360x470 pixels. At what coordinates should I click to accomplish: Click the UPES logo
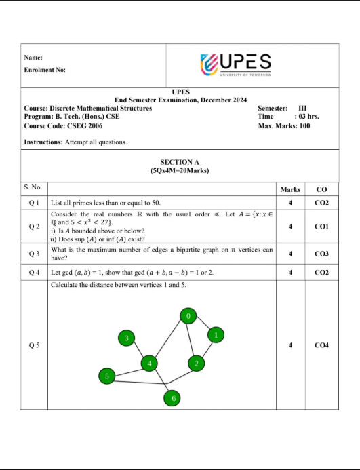(x=236, y=64)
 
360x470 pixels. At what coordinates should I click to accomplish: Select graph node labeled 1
(x=216, y=334)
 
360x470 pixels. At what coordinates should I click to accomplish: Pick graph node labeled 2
(x=196, y=364)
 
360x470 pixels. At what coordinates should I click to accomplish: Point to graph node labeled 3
(x=125, y=338)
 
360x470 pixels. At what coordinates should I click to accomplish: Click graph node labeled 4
(x=149, y=364)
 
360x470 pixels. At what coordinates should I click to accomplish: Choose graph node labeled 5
(x=106, y=376)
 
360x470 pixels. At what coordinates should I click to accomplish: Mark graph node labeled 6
(x=173, y=398)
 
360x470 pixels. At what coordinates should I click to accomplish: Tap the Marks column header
(x=290, y=189)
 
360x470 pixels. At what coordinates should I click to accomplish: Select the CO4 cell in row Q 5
(x=321, y=345)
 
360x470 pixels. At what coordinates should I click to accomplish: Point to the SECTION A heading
(x=180, y=162)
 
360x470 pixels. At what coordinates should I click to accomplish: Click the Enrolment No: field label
(x=45, y=70)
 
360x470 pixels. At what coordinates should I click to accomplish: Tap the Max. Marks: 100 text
(x=284, y=126)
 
